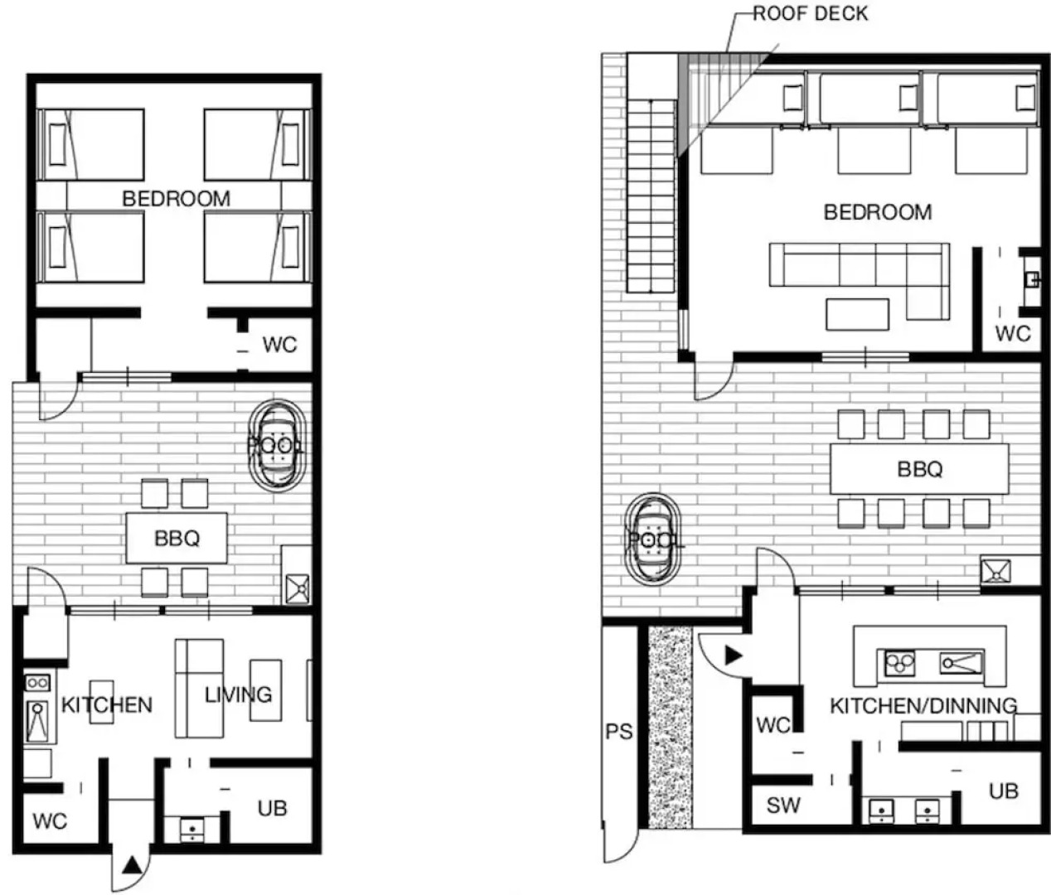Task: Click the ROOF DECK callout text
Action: (x=810, y=14)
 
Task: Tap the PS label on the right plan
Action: (x=619, y=732)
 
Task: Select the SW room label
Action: (x=783, y=805)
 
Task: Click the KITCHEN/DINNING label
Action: (x=923, y=706)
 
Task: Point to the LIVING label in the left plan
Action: (x=238, y=694)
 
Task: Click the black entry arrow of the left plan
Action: (x=132, y=864)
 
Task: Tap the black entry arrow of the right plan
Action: (x=734, y=656)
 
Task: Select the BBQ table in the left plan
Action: (x=177, y=538)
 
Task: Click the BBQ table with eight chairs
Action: (x=919, y=469)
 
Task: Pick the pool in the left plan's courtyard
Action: (x=277, y=446)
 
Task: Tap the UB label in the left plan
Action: (x=272, y=808)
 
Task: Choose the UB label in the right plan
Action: (x=1004, y=791)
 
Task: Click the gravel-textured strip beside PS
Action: (x=671, y=728)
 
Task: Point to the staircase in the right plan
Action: (x=651, y=196)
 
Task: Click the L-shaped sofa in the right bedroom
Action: (x=860, y=281)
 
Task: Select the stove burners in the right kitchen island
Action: (x=899, y=663)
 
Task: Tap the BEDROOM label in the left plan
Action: (x=176, y=198)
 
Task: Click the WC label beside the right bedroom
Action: (x=1013, y=334)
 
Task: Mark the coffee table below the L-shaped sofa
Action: (x=857, y=314)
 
